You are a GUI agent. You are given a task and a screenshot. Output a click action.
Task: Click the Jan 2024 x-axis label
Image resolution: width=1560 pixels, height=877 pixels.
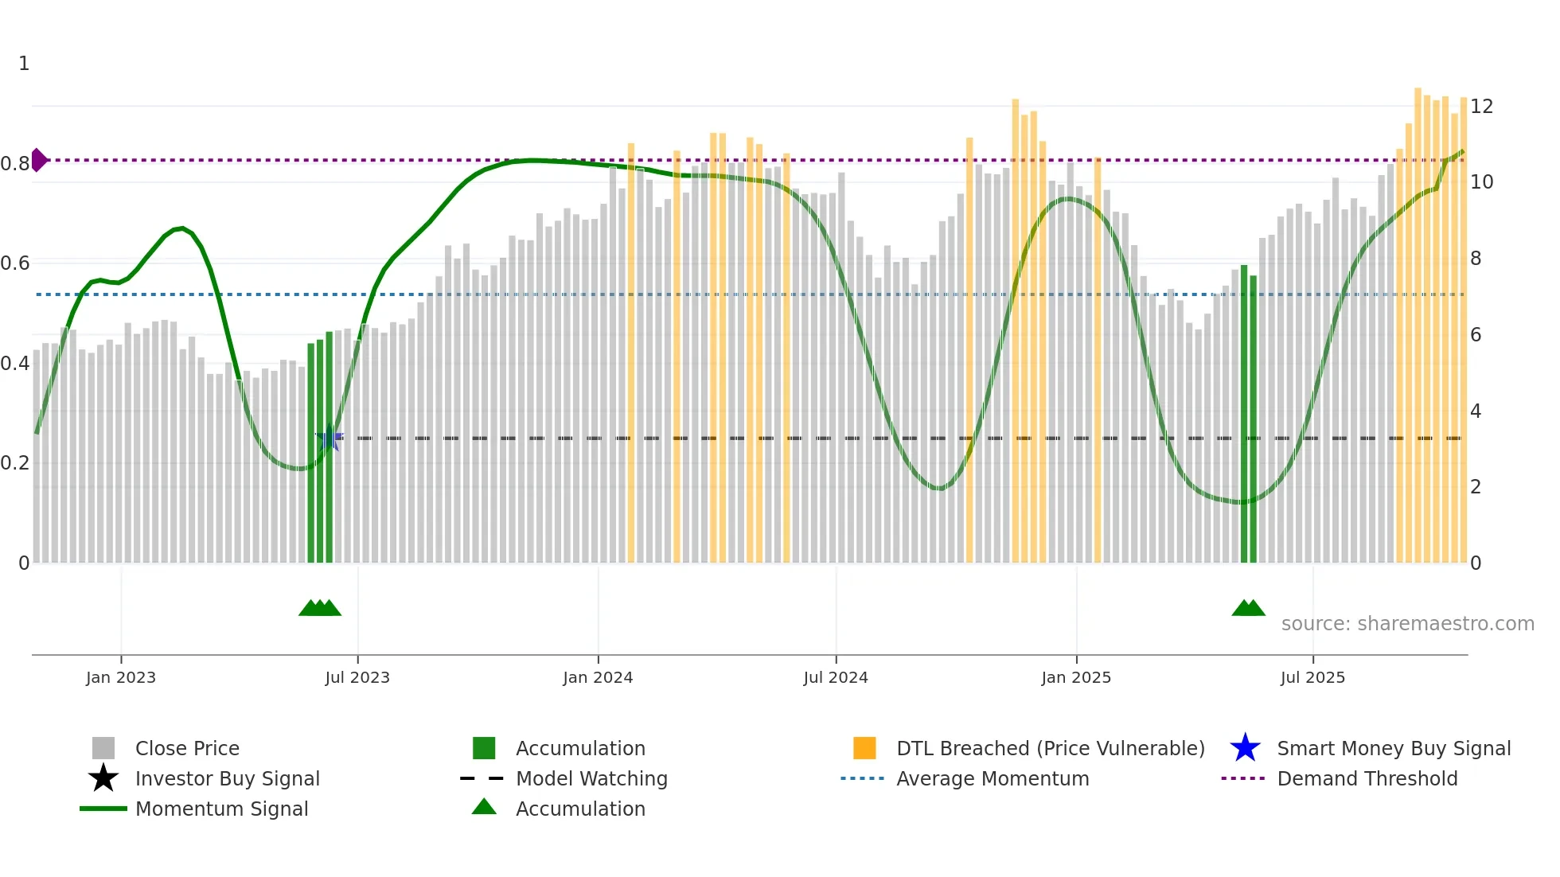(x=597, y=677)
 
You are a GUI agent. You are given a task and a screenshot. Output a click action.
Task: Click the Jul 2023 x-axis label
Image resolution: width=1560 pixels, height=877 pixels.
(x=357, y=677)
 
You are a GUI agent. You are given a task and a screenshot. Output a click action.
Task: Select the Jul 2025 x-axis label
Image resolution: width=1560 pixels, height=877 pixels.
(x=1312, y=677)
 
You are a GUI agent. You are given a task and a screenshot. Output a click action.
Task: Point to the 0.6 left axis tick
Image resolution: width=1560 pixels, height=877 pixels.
(x=15, y=263)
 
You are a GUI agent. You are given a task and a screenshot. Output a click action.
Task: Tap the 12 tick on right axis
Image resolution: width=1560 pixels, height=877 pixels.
(x=1481, y=107)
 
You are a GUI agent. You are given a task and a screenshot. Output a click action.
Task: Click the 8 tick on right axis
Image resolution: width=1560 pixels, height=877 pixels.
(x=1476, y=259)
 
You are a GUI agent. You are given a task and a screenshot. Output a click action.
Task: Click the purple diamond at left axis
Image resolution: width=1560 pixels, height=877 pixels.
(x=38, y=160)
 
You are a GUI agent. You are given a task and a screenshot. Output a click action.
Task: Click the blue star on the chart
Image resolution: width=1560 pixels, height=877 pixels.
(x=329, y=438)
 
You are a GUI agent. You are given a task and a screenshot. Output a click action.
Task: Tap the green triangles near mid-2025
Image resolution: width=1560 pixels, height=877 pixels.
(x=1248, y=608)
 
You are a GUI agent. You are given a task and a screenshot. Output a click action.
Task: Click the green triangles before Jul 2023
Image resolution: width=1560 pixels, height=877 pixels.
(x=320, y=608)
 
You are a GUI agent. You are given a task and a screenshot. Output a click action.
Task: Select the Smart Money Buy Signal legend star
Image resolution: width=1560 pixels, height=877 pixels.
(x=1245, y=748)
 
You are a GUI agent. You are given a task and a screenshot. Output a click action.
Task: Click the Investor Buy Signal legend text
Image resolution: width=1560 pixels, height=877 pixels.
(x=227, y=778)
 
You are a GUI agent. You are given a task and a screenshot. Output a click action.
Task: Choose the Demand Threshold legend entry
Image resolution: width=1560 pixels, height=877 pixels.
(x=1367, y=778)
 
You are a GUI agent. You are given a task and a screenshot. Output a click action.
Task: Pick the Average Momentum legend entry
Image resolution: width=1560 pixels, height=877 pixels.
(x=992, y=778)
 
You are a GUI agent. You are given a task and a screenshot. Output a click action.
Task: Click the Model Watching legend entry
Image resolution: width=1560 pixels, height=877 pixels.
(x=591, y=778)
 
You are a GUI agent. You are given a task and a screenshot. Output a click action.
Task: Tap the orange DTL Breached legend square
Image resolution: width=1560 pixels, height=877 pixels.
(x=864, y=748)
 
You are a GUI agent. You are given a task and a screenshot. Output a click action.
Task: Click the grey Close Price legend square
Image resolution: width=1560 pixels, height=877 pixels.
(x=103, y=748)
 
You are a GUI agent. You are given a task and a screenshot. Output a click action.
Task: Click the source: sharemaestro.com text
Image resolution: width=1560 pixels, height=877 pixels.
(x=1407, y=624)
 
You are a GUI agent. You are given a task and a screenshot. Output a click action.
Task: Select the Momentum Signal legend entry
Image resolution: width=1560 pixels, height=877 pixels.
(x=221, y=809)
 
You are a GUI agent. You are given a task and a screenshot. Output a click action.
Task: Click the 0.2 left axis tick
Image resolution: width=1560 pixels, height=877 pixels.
(x=15, y=463)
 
